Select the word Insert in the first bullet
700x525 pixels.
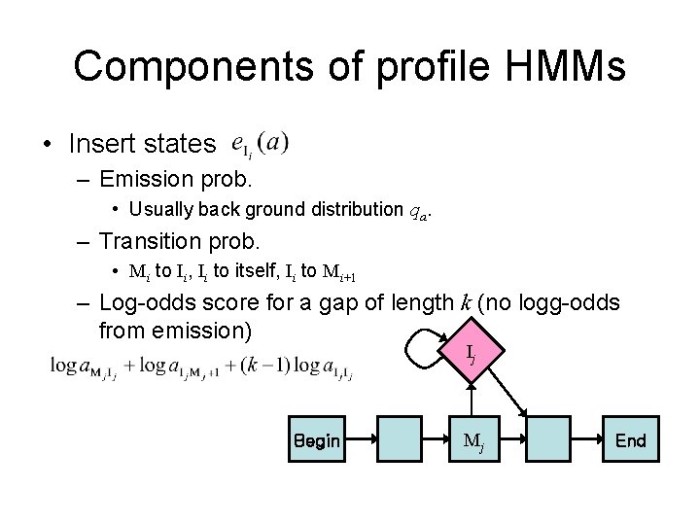(x=101, y=145)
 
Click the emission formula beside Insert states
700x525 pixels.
(x=261, y=145)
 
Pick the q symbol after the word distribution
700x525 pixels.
(x=416, y=210)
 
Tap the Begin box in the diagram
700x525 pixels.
(x=316, y=441)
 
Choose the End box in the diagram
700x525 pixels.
(x=630, y=441)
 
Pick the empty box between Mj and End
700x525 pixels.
(x=551, y=441)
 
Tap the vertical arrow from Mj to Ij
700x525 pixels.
(x=472, y=399)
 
